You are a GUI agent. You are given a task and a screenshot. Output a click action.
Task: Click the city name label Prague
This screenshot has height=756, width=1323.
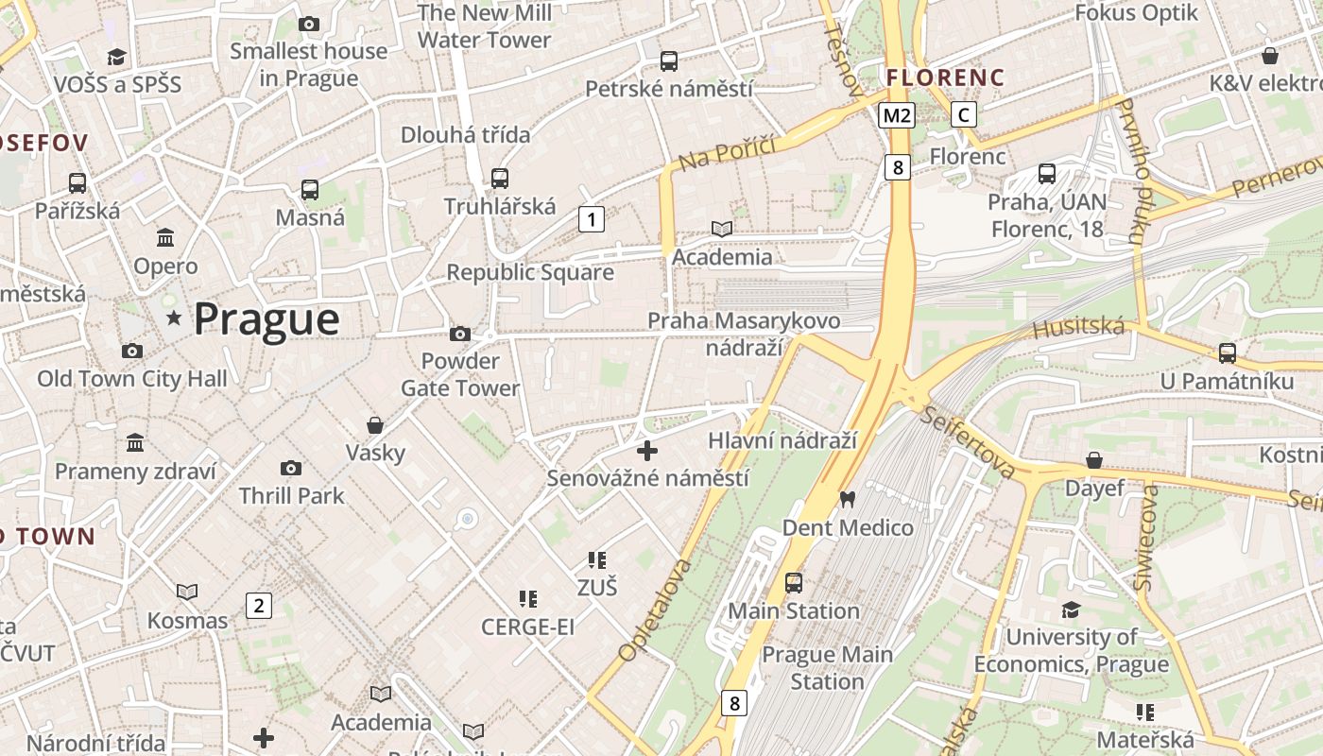[x=266, y=318]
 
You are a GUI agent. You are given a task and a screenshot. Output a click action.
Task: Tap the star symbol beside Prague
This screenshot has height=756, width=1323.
[x=174, y=318]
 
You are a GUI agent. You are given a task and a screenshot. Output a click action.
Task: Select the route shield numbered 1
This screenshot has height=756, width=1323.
[x=591, y=220]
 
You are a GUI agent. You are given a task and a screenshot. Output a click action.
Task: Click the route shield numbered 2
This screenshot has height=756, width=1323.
[x=258, y=606]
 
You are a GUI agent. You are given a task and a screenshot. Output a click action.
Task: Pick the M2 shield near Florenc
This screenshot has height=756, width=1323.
[x=896, y=115]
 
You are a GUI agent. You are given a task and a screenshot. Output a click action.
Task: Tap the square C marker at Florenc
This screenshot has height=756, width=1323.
[x=963, y=115]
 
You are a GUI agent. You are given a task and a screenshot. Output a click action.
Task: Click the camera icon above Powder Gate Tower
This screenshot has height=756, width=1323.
[x=460, y=334]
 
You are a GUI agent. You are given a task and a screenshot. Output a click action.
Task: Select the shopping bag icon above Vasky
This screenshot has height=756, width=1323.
[x=375, y=425]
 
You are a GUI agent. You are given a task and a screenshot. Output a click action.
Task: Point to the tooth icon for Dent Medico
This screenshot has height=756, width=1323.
[x=848, y=499]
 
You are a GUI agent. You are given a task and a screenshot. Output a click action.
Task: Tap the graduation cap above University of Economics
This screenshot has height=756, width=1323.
[x=1071, y=610]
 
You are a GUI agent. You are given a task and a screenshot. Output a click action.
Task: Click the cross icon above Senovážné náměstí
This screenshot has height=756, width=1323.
[x=647, y=451]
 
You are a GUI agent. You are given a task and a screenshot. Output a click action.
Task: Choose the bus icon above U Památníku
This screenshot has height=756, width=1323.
[x=1227, y=353]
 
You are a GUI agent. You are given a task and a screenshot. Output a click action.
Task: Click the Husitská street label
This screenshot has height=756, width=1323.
[x=1078, y=329]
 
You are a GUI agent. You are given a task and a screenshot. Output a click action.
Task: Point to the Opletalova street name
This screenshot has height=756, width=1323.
[x=655, y=610]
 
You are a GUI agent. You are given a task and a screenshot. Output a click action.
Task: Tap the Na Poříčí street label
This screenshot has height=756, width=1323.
[x=727, y=153]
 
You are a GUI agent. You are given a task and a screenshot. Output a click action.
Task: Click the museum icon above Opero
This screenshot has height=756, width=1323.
[x=165, y=237]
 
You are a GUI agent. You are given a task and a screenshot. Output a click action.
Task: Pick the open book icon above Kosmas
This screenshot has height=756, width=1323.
[x=187, y=593]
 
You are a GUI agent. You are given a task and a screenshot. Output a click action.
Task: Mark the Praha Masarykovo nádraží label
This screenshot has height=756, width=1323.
[x=744, y=334]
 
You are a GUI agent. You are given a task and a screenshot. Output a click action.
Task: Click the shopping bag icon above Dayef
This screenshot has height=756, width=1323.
[x=1093, y=460]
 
